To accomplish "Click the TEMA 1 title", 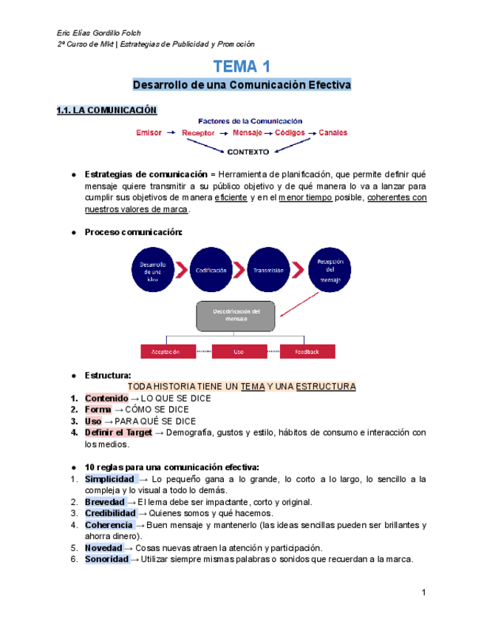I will [x=241, y=67].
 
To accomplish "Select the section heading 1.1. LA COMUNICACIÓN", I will [x=107, y=110].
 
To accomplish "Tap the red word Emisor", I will [x=149, y=133].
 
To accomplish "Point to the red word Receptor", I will [x=198, y=133].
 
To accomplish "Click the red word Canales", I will [x=333, y=133].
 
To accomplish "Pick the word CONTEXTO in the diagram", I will [x=248, y=152].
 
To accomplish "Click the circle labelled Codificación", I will [x=211, y=271].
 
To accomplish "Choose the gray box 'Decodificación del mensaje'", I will [x=241, y=316].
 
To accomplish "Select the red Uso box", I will [x=238, y=352].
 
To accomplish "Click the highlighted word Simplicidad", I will [x=109, y=479].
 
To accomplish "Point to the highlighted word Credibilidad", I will [x=110, y=513].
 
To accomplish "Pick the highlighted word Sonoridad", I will [x=106, y=559].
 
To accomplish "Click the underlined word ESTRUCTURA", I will [x=325, y=387].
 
